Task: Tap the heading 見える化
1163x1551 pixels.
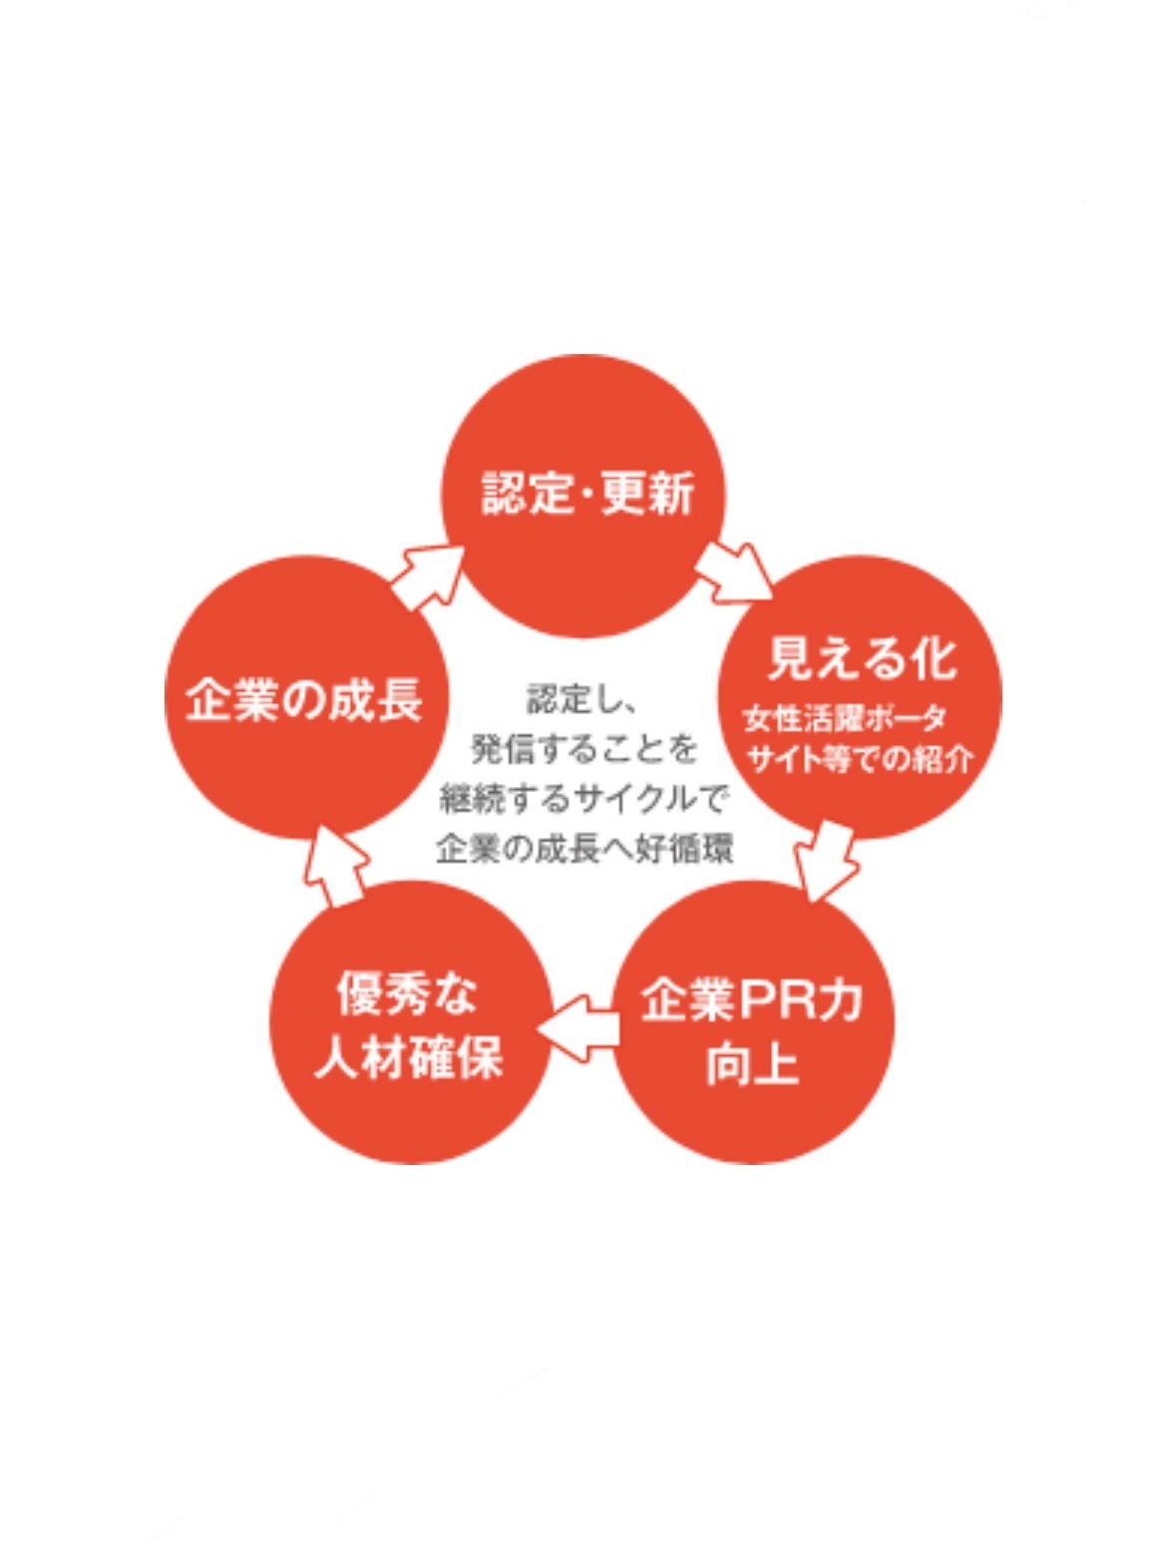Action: point(861,658)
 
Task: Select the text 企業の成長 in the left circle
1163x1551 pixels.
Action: point(304,699)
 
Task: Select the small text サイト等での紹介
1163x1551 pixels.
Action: point(862,760)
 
